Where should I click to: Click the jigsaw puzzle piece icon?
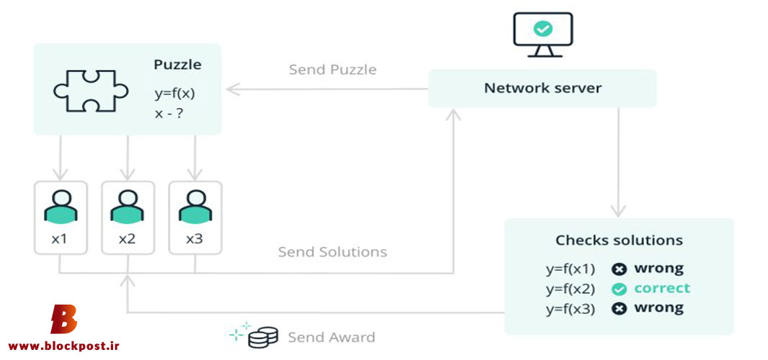(x=91, y=91)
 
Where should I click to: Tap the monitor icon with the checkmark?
(x=542, y=35)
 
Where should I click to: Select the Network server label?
(x=542, y=88)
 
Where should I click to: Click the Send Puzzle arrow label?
(x=333, y=70)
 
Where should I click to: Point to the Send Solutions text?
(x=333, y=252)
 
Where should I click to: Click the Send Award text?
(x=331, y=338)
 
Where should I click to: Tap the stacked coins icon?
(x=263, y=338)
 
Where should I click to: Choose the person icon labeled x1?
(x=61, y=206)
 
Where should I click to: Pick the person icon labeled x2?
(x=128, y=206)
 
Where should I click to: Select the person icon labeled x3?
(x=195, y=206)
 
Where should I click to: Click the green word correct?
(x=662, y=288)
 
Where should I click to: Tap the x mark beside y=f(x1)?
(x=620, y=269)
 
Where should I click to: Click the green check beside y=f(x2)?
(x=620, y=289)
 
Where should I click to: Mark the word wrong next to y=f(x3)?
(x=658, y=308)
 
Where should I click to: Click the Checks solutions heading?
(x=619, y=240)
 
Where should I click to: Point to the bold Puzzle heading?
(x=177, y=65)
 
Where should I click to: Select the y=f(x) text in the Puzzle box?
(x=174, y=93)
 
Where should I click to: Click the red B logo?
(x=64, y=319)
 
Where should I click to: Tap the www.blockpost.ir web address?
(x=63, y=346)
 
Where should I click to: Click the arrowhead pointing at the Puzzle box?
(x=233, y=89)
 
